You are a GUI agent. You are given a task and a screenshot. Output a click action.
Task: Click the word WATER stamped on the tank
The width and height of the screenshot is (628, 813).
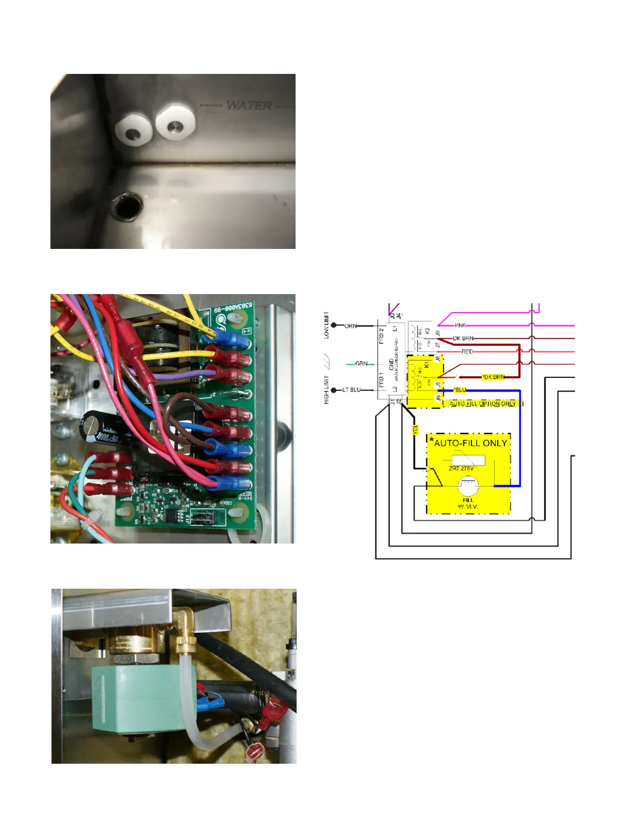[249, 105]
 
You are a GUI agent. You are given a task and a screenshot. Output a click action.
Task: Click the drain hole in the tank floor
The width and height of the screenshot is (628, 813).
[126, 206]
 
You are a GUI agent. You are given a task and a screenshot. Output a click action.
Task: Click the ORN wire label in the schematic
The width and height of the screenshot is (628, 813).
[350, 326]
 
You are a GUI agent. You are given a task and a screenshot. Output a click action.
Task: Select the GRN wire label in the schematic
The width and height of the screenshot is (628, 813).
[361, 363]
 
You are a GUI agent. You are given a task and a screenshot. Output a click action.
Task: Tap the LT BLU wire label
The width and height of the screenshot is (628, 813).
[351, 390]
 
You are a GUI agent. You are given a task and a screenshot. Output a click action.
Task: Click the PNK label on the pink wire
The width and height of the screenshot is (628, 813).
[460, 325]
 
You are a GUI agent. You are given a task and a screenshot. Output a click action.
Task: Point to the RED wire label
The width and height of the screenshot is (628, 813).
[467, 352]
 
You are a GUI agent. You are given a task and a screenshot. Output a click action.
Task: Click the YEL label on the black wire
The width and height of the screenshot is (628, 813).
[415, 430]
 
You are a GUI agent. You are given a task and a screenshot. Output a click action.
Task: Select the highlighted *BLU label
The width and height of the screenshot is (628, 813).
[460, 390]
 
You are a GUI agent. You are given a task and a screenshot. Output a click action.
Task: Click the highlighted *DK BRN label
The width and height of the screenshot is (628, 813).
[493, 377]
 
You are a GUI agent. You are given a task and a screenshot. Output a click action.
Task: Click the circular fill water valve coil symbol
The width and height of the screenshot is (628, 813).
[467, 486]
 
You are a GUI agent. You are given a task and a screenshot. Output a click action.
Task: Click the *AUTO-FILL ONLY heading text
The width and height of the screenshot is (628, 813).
[468, 443]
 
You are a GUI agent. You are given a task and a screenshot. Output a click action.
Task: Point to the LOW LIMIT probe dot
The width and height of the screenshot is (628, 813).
[335, 325]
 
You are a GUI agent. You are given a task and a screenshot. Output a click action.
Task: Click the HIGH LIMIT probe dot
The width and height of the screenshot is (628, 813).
[335, 390]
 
